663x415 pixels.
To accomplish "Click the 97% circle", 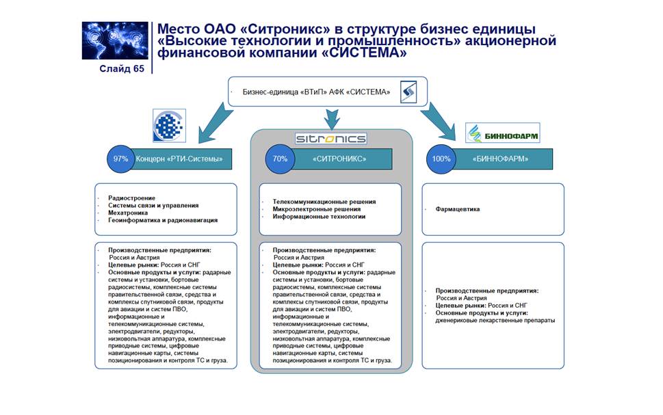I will point(121,159).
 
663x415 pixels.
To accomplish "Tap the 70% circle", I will point(280,159).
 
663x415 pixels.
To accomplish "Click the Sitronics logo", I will point(330,138).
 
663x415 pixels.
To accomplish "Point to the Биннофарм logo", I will point(502,133).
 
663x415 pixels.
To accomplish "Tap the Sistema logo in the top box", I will point(408,92).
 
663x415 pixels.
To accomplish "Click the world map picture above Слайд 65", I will point(115,41).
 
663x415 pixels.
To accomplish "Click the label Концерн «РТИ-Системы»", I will point(179,159).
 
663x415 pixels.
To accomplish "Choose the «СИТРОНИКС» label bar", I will point(339,159).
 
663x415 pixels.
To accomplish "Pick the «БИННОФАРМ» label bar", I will point(499,159).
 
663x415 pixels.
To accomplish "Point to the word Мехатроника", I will point(129,213).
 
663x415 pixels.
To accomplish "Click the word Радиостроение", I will point(131,198).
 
